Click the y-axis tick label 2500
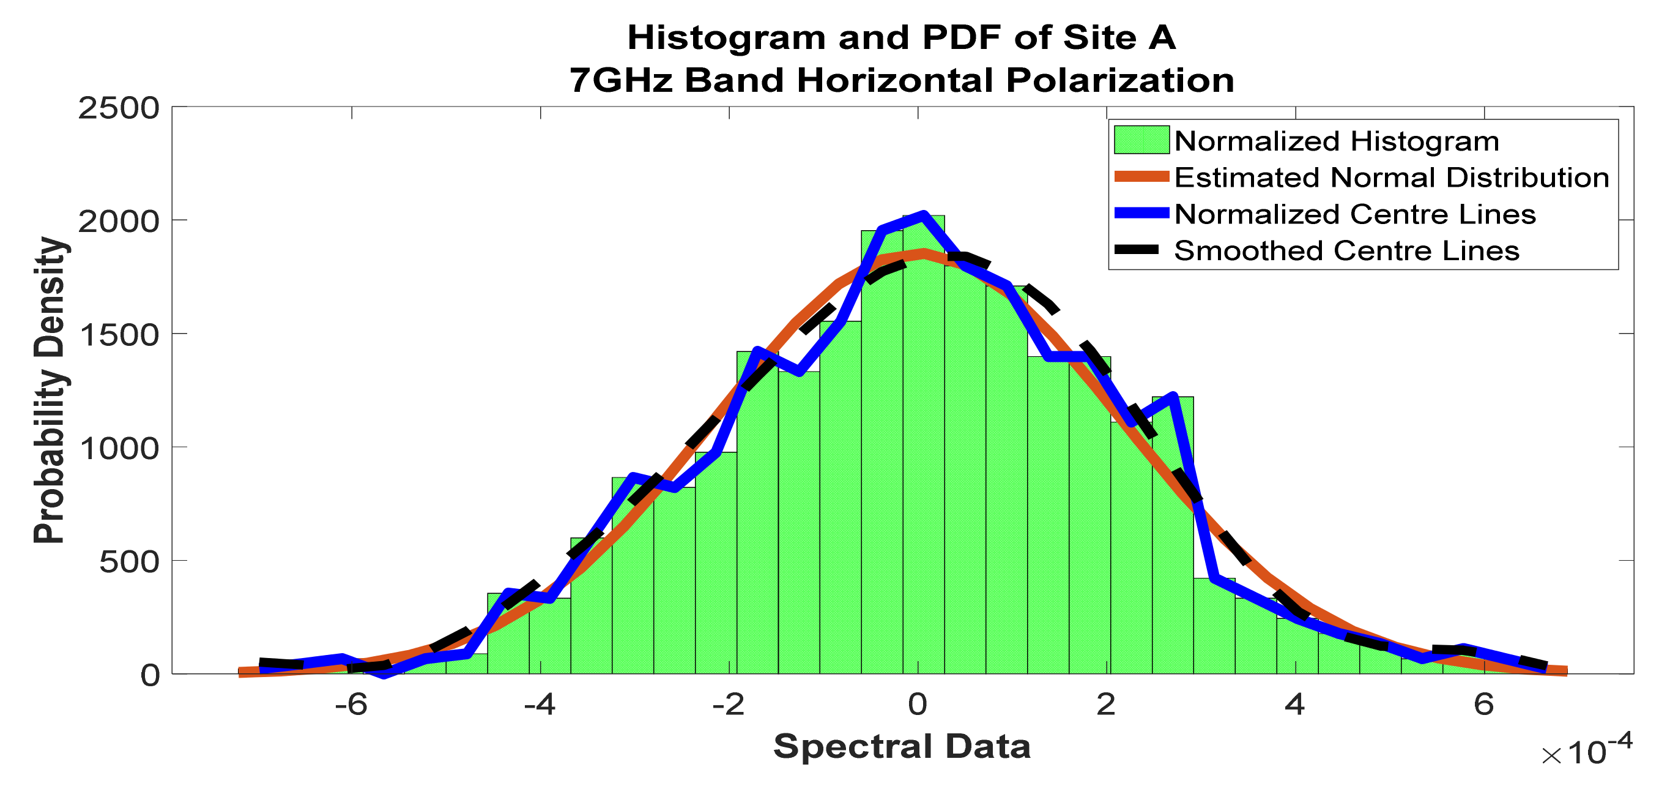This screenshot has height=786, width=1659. (x=119, y=108)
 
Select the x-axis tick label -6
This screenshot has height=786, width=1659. (x=351, y=705)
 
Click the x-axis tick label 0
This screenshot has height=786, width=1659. (x=917, y=705)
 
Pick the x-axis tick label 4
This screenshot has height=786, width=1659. (x=1294, y=705)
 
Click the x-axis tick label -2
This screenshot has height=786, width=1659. (x=729, y=705)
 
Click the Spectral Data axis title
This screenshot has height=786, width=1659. (x=902, y=746)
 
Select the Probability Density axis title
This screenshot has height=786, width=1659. (x=50, y=391)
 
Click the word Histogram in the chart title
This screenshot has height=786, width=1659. (x=726, y=37)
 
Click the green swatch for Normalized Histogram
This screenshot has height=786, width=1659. (x=1141, y=140)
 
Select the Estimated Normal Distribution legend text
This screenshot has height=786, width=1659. (x=1391, y=178)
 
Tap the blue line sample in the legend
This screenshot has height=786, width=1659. (x=1141, y=213)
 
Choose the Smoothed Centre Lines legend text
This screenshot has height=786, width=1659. (x=1346, y=250)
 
